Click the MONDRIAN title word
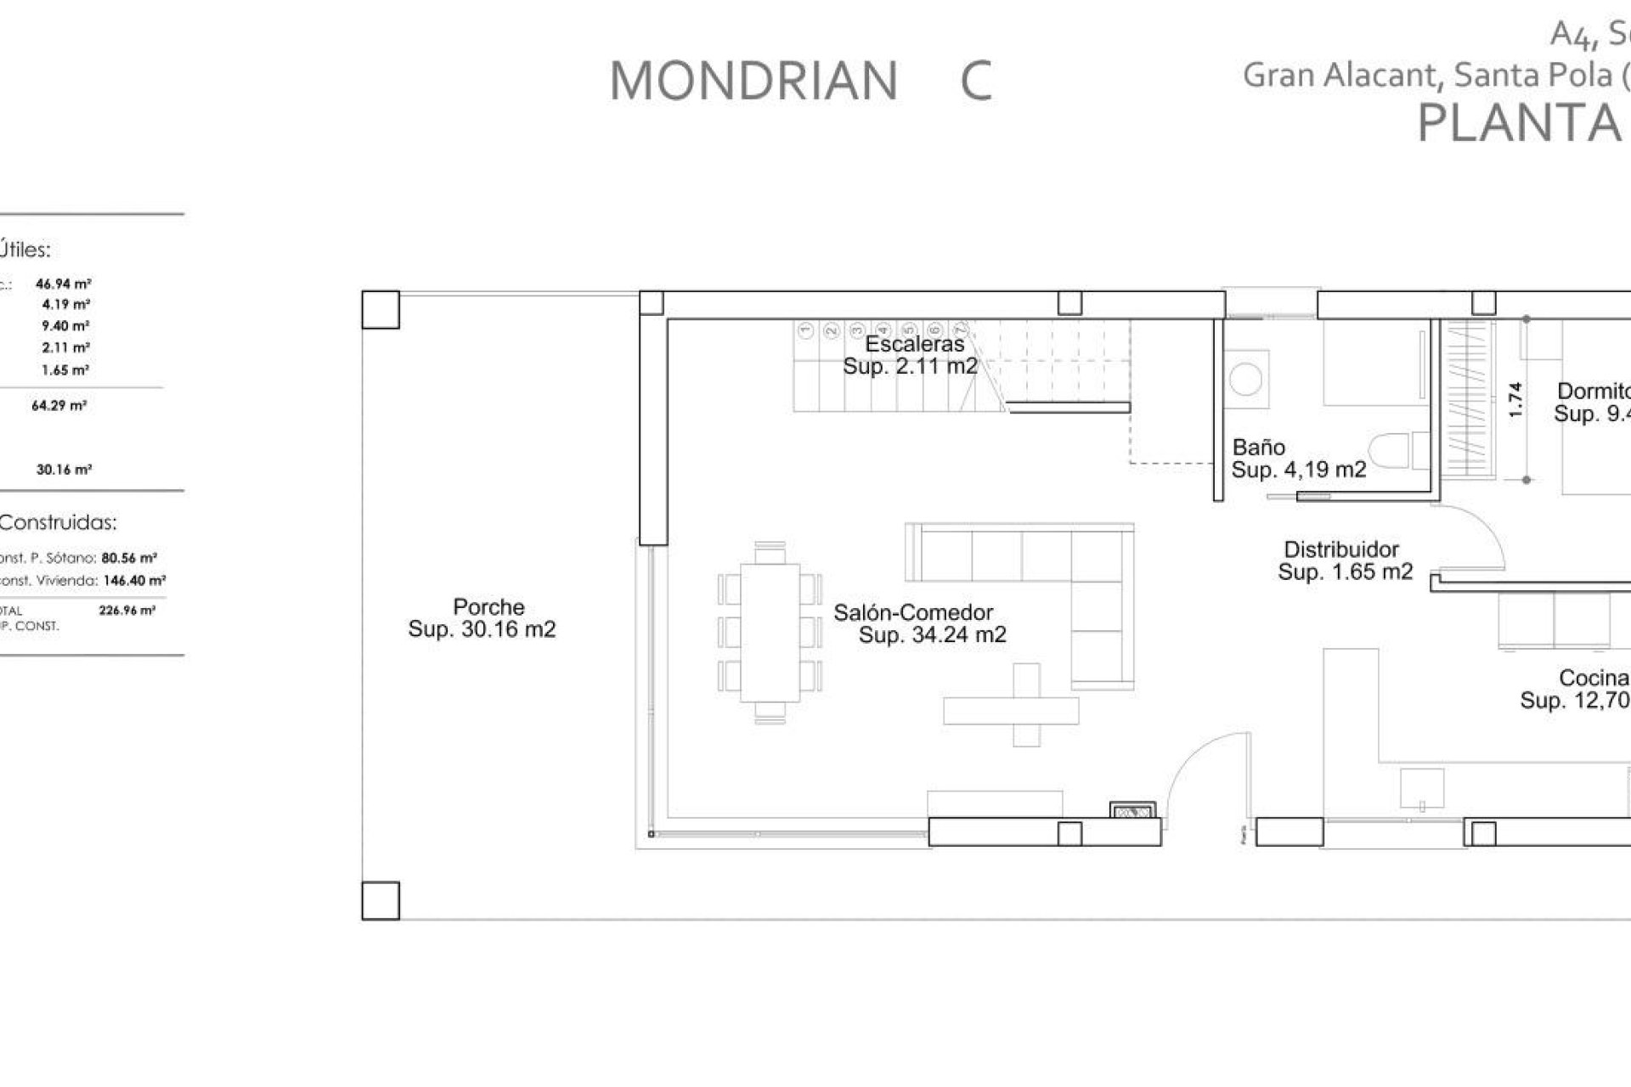pos(753,82)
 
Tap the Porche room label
pos(488,607)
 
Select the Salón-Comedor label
pos(913,612)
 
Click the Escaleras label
pos(915,344)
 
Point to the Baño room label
pos(1258,448)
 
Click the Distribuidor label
pos(1340,549)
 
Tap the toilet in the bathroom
pos(1393,451)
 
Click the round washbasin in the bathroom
pos(1246,379)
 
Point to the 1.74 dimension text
pos(1515,399)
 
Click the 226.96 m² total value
pos(127,610)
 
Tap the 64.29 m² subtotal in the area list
pos(59,406)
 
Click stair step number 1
pos(805,329)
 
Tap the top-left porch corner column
pos(381,310)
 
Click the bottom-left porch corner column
pos(381,901)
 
